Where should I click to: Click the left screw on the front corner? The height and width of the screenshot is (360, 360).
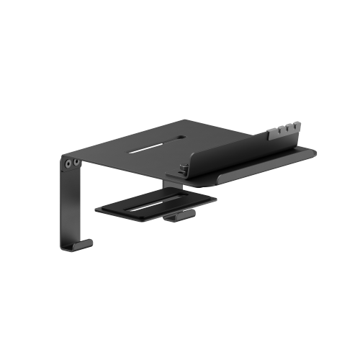[68, 163]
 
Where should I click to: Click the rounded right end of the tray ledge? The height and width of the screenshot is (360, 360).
[311, 153]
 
